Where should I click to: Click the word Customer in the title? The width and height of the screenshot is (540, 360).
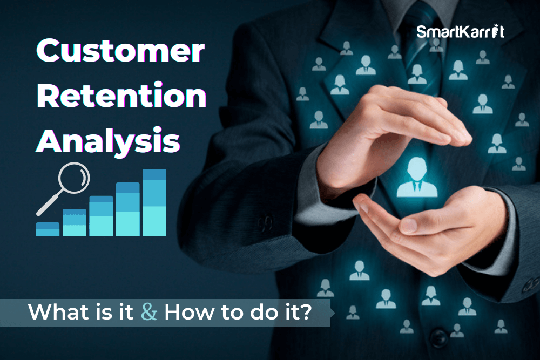pyautogui.click(x=120, y=50)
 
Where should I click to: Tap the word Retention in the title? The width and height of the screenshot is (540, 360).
pyautogui.click(x=122, y=96)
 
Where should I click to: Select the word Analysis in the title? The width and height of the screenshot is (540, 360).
pyautogui.click(x=108, y=140)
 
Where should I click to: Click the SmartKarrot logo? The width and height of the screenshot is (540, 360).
pyautogui.click(x=461, y=31)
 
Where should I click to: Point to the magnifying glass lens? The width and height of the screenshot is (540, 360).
pyautogui.click(x=74, y=178)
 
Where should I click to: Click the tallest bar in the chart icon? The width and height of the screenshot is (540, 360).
pyautogui.click(x=154, y=202)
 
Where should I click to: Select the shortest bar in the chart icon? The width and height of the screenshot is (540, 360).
pyautogui.click(x=48, y=229)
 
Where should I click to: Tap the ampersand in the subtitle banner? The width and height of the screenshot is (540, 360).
pyautogui.click(x=149, y=312)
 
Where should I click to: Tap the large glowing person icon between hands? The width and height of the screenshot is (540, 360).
pyautogui.click(x=417, y=177)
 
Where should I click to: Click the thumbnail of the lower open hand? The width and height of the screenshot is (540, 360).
pyautogui.click(x=409, y=226)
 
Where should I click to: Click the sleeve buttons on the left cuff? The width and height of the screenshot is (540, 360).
pyautogui.click(x=265, y=223)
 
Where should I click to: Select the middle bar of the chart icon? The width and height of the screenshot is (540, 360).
pyautogui.click(x=101, y=216)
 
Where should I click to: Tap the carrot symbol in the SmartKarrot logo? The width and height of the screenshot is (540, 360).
pyautogui.click(x=495, y=31)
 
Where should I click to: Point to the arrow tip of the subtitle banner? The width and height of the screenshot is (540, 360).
pyautogui.click(x=335, y=313)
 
